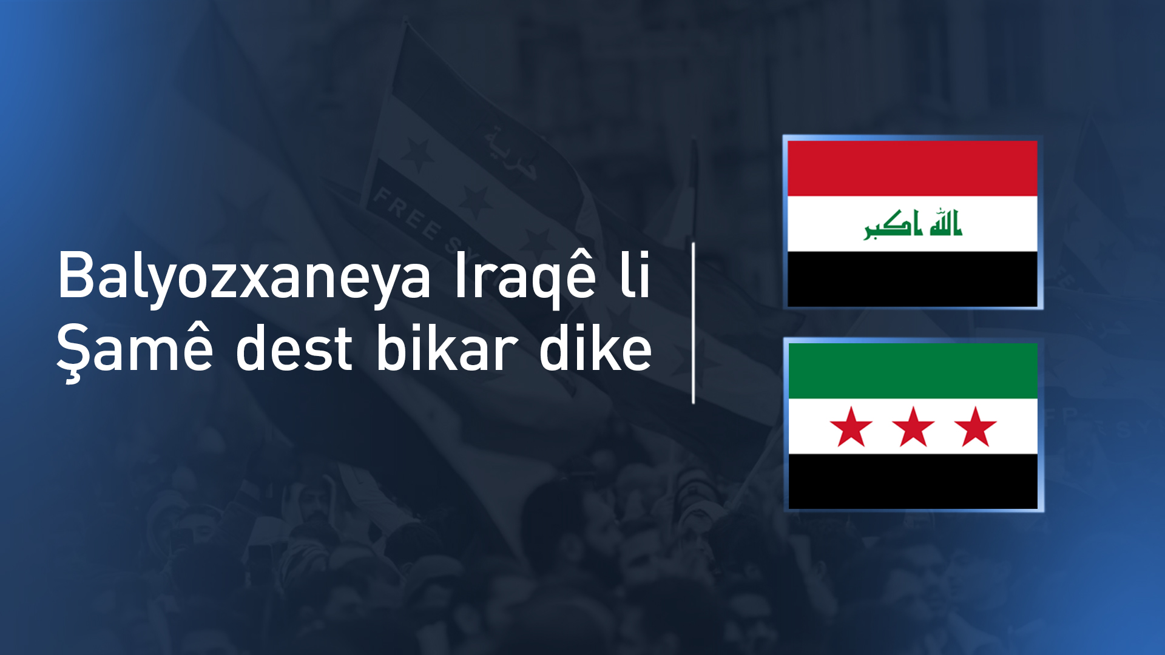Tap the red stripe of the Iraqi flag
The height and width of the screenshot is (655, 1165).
(x=912, y=168)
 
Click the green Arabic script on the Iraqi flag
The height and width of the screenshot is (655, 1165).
(x=913, y=224)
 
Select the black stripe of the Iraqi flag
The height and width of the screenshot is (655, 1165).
(x=912, y=279)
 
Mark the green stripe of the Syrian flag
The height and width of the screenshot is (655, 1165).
(x=913, y=371)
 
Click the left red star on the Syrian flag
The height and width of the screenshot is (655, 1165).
(x=851, y=427)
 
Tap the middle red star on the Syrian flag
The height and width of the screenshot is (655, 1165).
(x=913, y=427)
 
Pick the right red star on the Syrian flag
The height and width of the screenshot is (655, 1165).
(x=975, y=427)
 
